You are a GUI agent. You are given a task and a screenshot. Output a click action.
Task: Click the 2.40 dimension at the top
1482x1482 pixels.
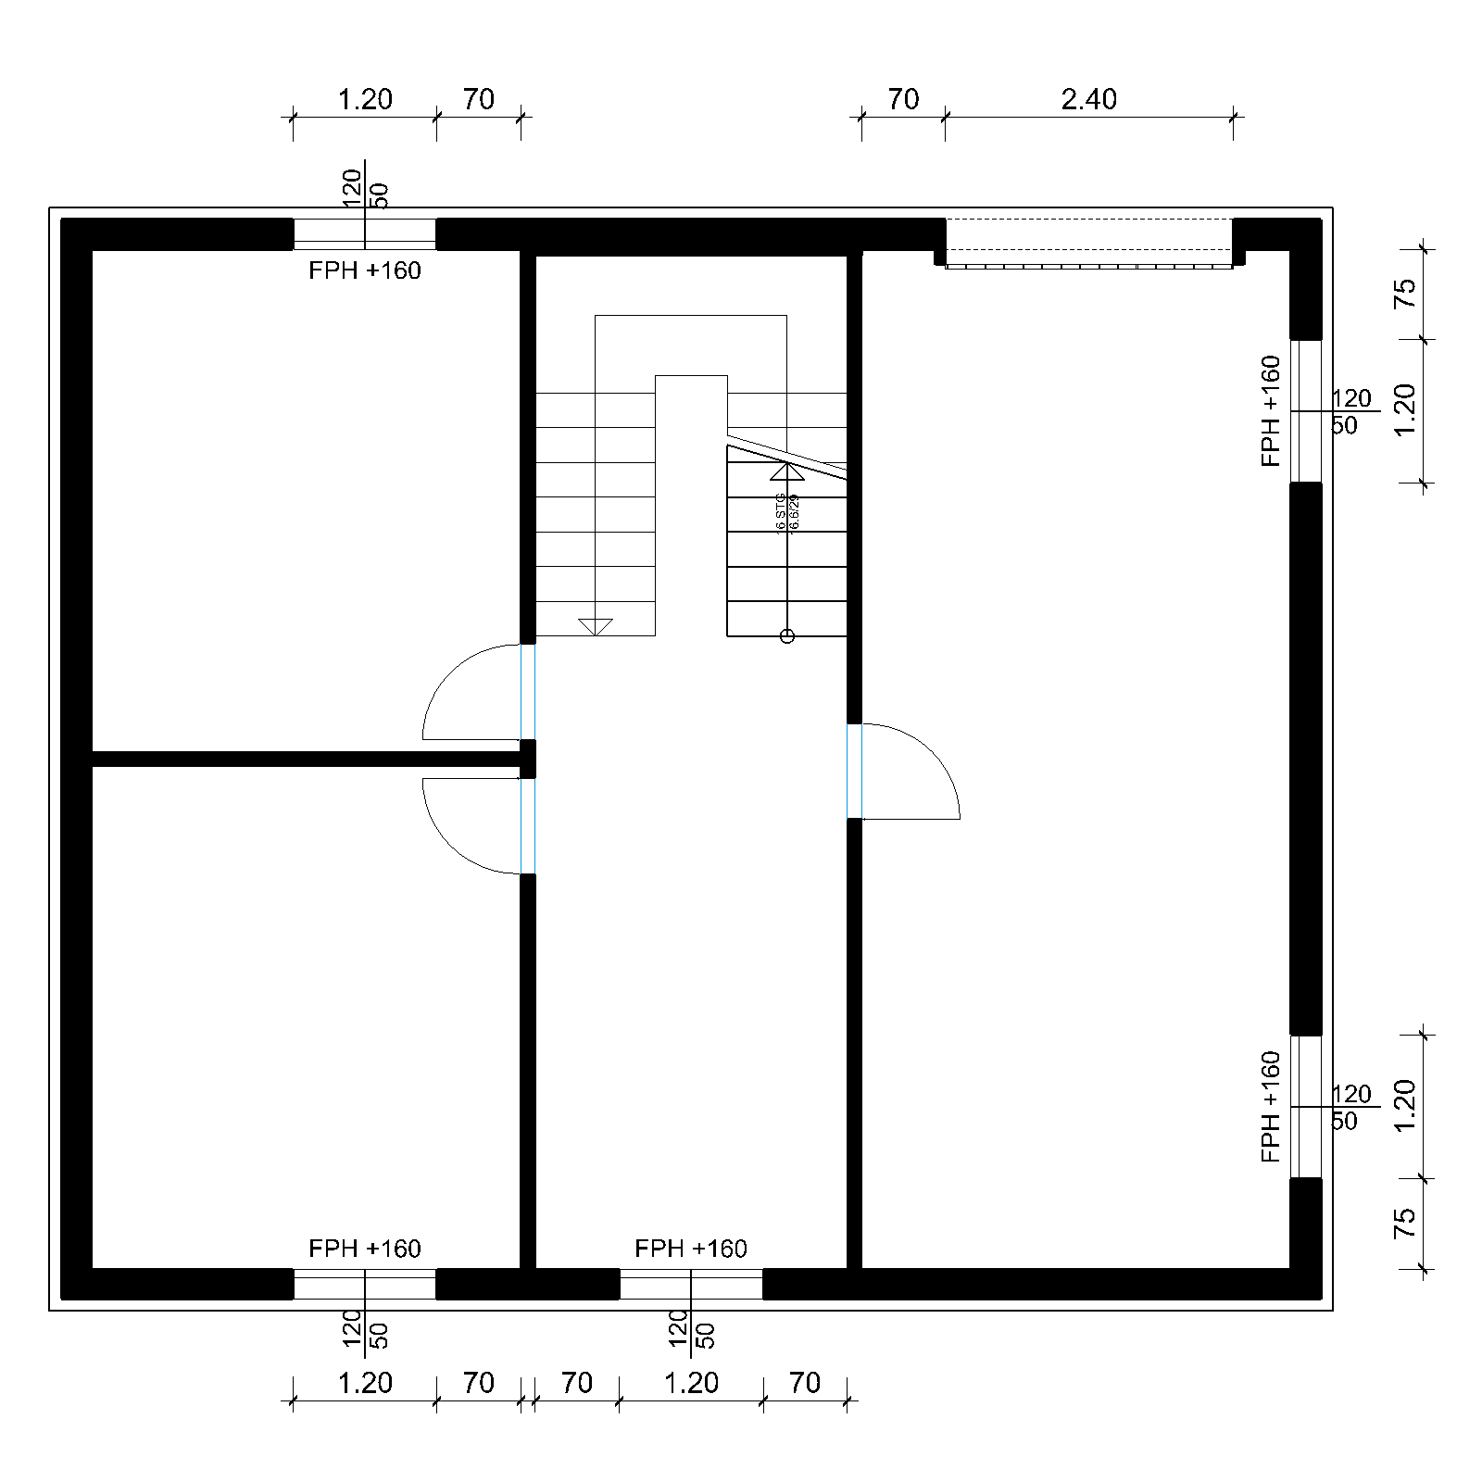(1088, 99)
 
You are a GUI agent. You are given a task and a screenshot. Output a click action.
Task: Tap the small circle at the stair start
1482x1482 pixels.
(787, 636)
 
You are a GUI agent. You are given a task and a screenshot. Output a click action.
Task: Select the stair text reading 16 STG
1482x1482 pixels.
(781, 512)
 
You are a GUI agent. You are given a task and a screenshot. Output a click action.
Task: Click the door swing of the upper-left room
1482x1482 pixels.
(463, 690)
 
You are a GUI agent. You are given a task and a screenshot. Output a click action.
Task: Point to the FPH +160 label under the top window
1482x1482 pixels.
(365, 270)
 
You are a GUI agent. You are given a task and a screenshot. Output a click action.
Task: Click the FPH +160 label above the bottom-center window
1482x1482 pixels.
(691, 1249)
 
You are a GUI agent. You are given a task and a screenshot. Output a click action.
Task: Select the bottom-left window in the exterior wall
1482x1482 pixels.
(365, 1285)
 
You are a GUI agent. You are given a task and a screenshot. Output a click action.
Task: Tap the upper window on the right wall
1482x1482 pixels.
(1306, 411)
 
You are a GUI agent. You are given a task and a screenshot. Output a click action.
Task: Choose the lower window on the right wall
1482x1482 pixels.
(1306, 1107)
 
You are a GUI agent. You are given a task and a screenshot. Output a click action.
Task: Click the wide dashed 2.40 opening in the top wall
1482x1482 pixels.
(1088, 243)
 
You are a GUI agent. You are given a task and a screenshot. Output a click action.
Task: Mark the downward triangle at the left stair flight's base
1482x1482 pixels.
(596, 627)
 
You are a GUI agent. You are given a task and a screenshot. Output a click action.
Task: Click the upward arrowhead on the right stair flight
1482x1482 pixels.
(787, 471)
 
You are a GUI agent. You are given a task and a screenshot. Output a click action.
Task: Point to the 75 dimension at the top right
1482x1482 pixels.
(1405, 294)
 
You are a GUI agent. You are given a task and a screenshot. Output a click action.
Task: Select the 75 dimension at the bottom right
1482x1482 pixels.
(1405, 1223)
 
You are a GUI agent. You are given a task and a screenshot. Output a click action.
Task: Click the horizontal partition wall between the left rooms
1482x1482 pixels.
(306, 760)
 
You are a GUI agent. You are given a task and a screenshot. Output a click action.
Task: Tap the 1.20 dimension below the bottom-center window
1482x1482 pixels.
(691, 1383)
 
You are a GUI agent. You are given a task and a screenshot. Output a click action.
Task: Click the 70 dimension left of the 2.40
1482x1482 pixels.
(903, 99)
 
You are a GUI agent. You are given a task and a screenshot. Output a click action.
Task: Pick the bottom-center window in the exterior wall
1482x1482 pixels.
(691, 1285)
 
